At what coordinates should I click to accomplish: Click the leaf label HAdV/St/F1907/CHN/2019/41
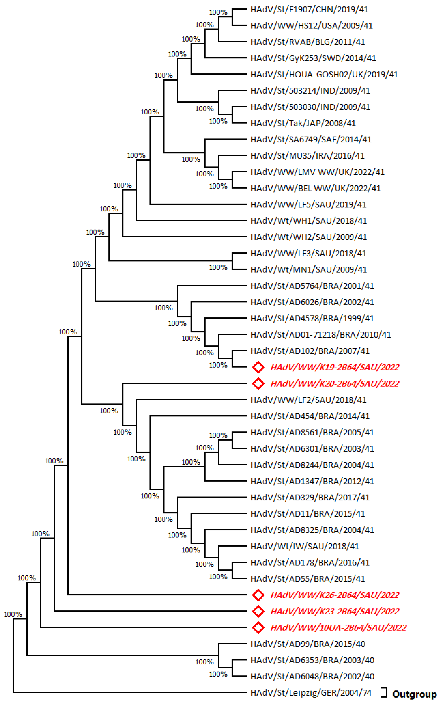click(x=309, y=9)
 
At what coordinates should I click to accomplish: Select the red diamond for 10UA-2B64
click(x=258, y=628)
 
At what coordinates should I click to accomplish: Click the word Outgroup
click(x=414, y=694)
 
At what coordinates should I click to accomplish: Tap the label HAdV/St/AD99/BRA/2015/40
click(x=308, y=644)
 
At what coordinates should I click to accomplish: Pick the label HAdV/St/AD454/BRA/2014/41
click(x=310, y=416)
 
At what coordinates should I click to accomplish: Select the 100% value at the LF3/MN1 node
click(x=218, y=267)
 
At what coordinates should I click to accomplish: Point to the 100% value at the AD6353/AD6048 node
click(x=218, y=674)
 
